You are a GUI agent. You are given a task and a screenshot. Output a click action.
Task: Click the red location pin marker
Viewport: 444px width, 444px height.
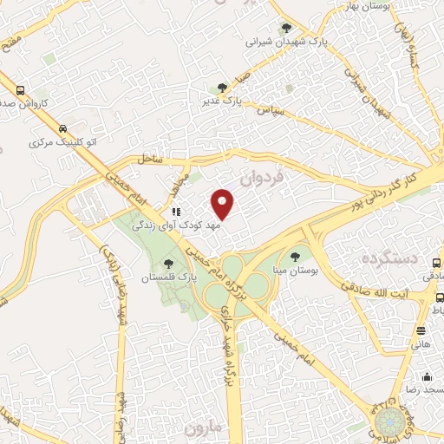(224, 205)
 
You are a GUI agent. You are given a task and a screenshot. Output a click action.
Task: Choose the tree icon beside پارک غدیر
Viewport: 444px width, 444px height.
(223, 88)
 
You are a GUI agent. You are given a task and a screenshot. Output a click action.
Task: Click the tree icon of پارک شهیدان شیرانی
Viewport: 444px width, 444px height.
(286, 27)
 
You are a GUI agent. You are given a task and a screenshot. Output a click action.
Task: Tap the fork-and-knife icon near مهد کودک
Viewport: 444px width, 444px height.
(176, 211)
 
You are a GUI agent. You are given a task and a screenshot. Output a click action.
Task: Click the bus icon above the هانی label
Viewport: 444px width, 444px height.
(421, 330)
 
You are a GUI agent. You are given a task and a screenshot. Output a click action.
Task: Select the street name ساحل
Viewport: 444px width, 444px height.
(149, 158)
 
